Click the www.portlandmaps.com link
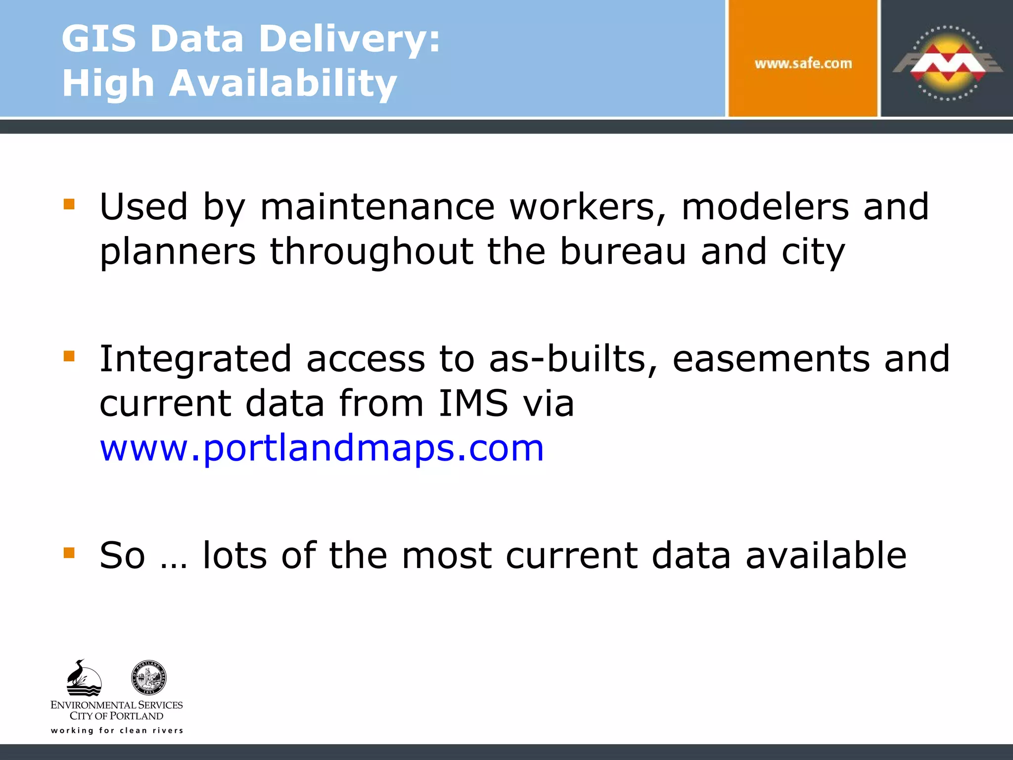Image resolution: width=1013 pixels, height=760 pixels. [322, 448]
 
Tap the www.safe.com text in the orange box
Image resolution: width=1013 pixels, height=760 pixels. [803, 63]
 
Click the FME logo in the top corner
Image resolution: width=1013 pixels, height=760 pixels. [947, 62]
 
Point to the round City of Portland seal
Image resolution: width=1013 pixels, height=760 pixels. [149, 677]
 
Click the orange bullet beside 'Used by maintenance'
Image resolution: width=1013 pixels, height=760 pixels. [69, 204]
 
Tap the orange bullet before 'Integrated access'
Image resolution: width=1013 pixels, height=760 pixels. [69, 356]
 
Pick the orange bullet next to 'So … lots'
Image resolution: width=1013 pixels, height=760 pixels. [69, 553]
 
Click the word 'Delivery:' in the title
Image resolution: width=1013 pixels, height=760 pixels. [349, 39]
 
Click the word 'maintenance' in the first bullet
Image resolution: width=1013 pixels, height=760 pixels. [377, 207]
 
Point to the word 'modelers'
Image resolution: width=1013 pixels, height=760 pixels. [765, 207]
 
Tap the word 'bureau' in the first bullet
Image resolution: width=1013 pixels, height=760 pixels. [623, 251]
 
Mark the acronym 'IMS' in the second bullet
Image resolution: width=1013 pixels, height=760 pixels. [473, 403]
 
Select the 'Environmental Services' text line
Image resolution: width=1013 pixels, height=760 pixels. [117, 705]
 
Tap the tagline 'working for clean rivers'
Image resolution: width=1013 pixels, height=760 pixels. [117, 730]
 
